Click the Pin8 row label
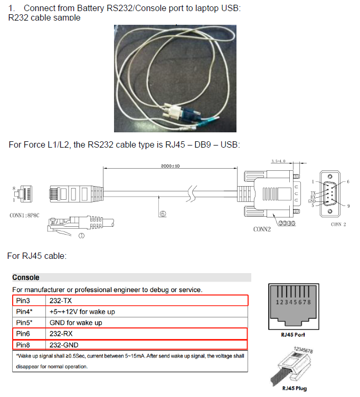pyautogui.click(x=24, y=345)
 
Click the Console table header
pyautogui.click(x=26, y=277)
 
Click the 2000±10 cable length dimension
pyautogui.click(x=170, y=166)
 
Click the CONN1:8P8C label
pyautogui.click(x=25, y=216)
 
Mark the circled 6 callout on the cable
pyautogui.click(x=163, y=214)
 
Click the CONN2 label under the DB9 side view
pyautogui.click(x=262, y=229)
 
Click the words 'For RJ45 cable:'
pyautogui.click(x=37, y=256)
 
